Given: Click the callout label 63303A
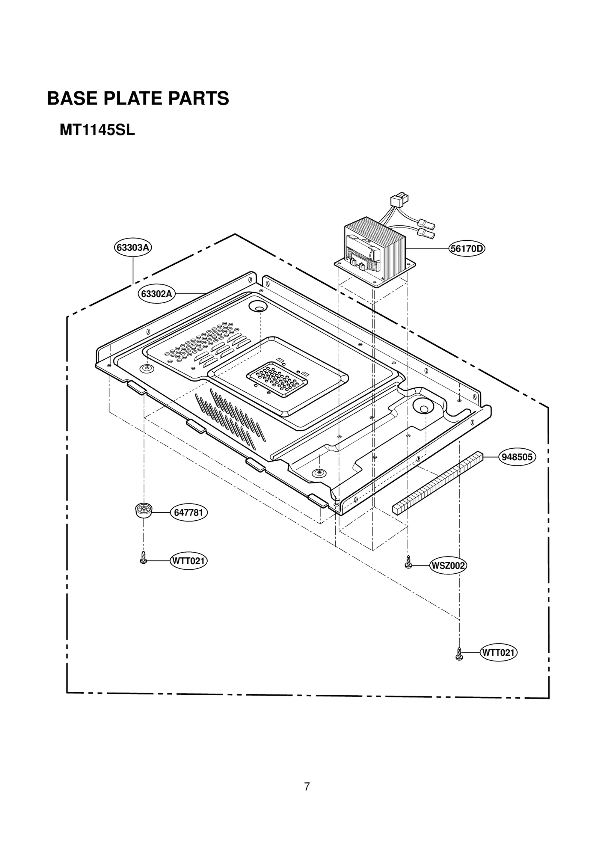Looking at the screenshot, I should coord(133,247).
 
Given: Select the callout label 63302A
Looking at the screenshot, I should coord(156,294).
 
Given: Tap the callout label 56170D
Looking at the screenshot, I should coord(467,249).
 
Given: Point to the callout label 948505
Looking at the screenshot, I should coord(517,457).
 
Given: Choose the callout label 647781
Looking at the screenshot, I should coord(188,513).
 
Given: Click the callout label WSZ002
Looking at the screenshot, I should coord(448,566).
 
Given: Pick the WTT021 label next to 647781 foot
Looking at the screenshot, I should coord(188,561).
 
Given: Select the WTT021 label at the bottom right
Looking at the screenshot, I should coord(498,653).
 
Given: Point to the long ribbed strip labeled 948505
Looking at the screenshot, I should coord(437,482).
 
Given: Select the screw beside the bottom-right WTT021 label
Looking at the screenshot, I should coord(459,654).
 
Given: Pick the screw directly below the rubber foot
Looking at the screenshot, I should coord(143,558).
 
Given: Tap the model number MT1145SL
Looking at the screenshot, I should coord(97,130).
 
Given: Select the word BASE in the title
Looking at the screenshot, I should coord(72,99).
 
